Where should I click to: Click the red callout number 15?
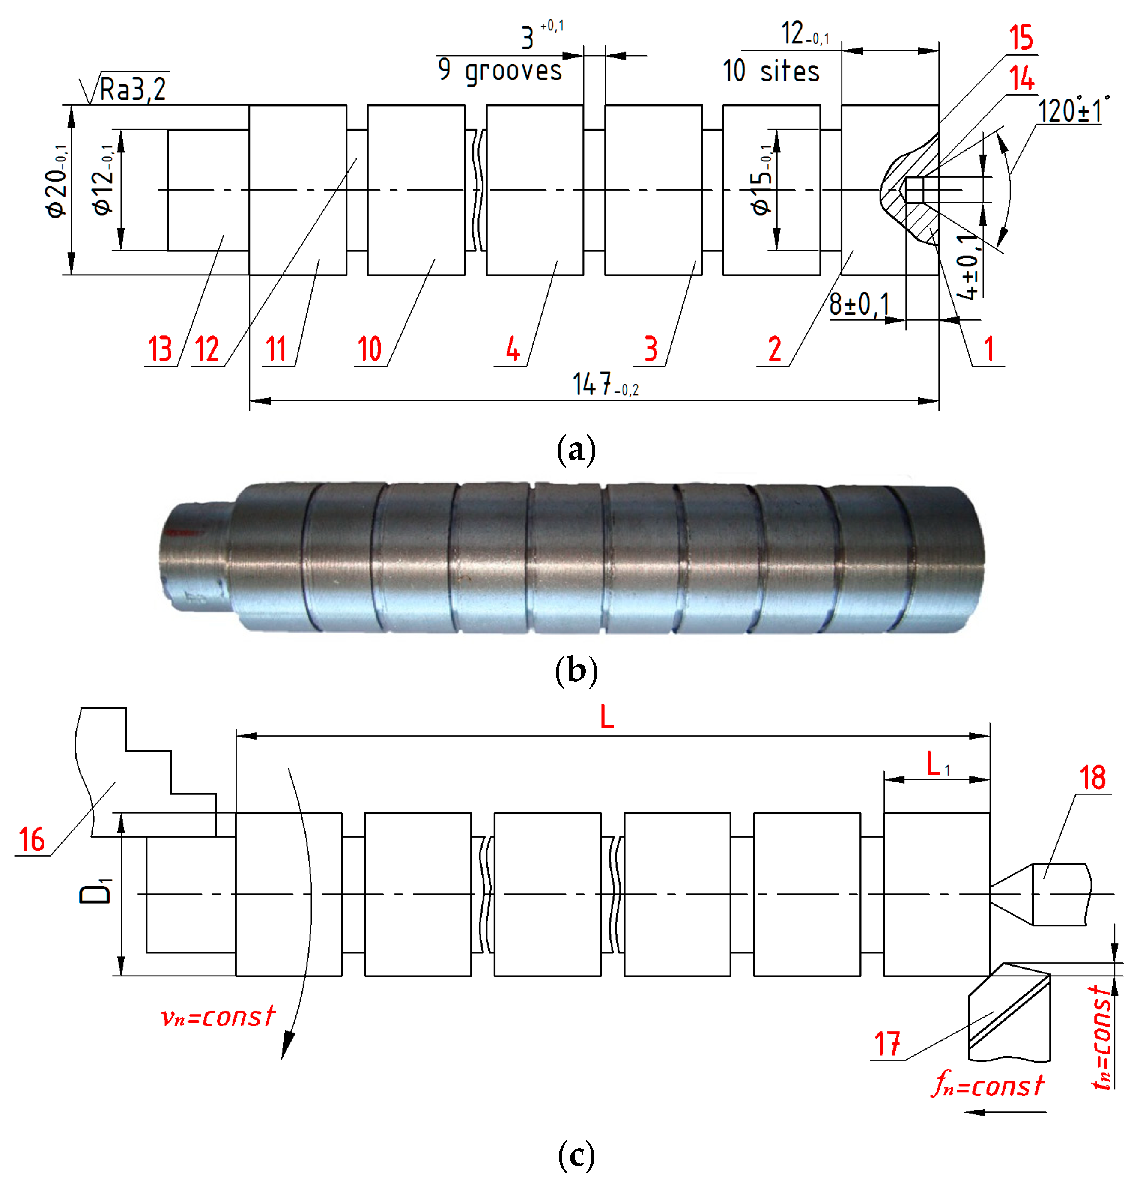[x=1021, y=38]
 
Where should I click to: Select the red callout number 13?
[x=160, y=349]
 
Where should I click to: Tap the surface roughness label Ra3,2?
[x=132, y=90]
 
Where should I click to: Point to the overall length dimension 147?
[x=604, y=385]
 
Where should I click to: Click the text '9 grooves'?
[x=499, y=71]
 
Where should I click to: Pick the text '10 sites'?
[x=771, y=72]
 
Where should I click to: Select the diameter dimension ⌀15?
[x=761, y=180]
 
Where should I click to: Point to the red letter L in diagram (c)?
[x=606, y=718]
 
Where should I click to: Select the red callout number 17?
[x=887, y=1044]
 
